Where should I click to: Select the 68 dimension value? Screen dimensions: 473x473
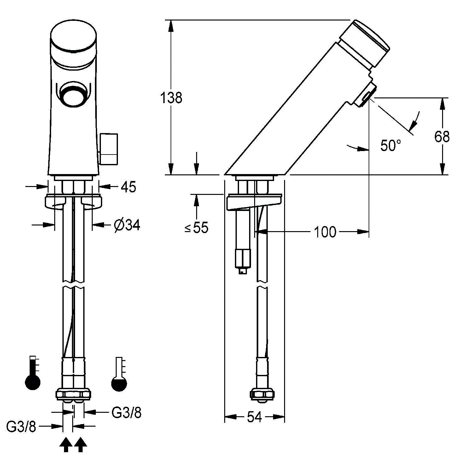(442, 137)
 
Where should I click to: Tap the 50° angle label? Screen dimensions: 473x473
(391, 146)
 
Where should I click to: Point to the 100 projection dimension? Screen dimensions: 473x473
(325, 232)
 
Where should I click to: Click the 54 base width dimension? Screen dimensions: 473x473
(254, 417)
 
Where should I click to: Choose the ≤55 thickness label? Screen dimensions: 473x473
(196, 227)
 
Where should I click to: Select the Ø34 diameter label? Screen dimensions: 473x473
(127, 225)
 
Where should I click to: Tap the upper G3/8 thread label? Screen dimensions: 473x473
(126, 412)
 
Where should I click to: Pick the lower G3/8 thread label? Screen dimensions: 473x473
(21, 427)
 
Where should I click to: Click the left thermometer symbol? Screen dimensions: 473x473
(33, 373)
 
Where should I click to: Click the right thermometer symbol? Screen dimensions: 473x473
(119, 374)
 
